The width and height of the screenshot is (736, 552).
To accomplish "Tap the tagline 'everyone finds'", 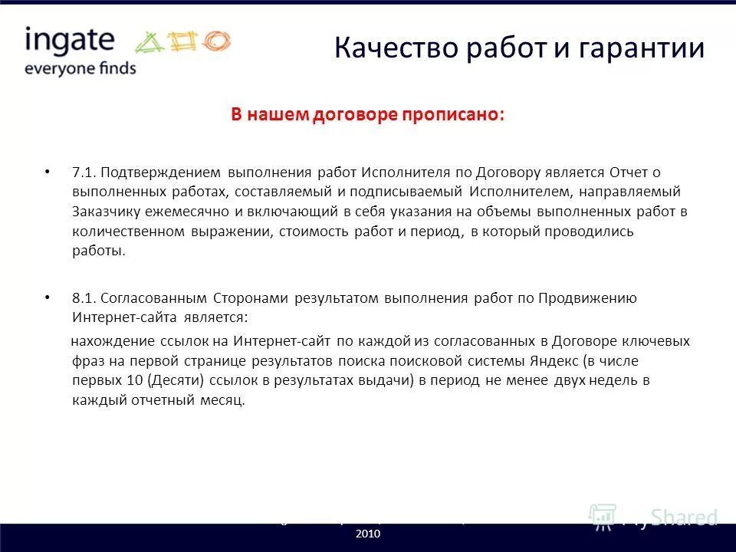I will [x=80, y=67].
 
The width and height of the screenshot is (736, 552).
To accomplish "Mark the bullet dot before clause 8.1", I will [x=48, y=297].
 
